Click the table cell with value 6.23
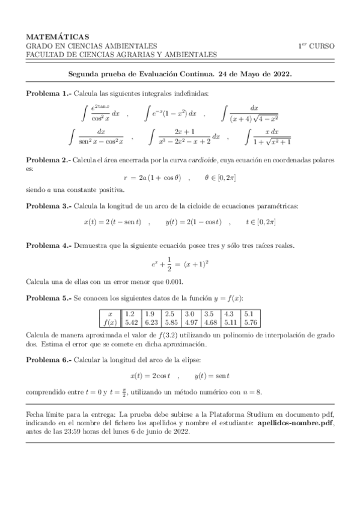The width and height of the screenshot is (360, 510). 151,322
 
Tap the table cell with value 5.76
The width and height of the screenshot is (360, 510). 251,322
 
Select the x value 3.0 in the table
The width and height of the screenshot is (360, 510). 189,314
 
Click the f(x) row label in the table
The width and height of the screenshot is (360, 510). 109,322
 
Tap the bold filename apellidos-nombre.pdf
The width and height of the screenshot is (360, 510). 291,423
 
